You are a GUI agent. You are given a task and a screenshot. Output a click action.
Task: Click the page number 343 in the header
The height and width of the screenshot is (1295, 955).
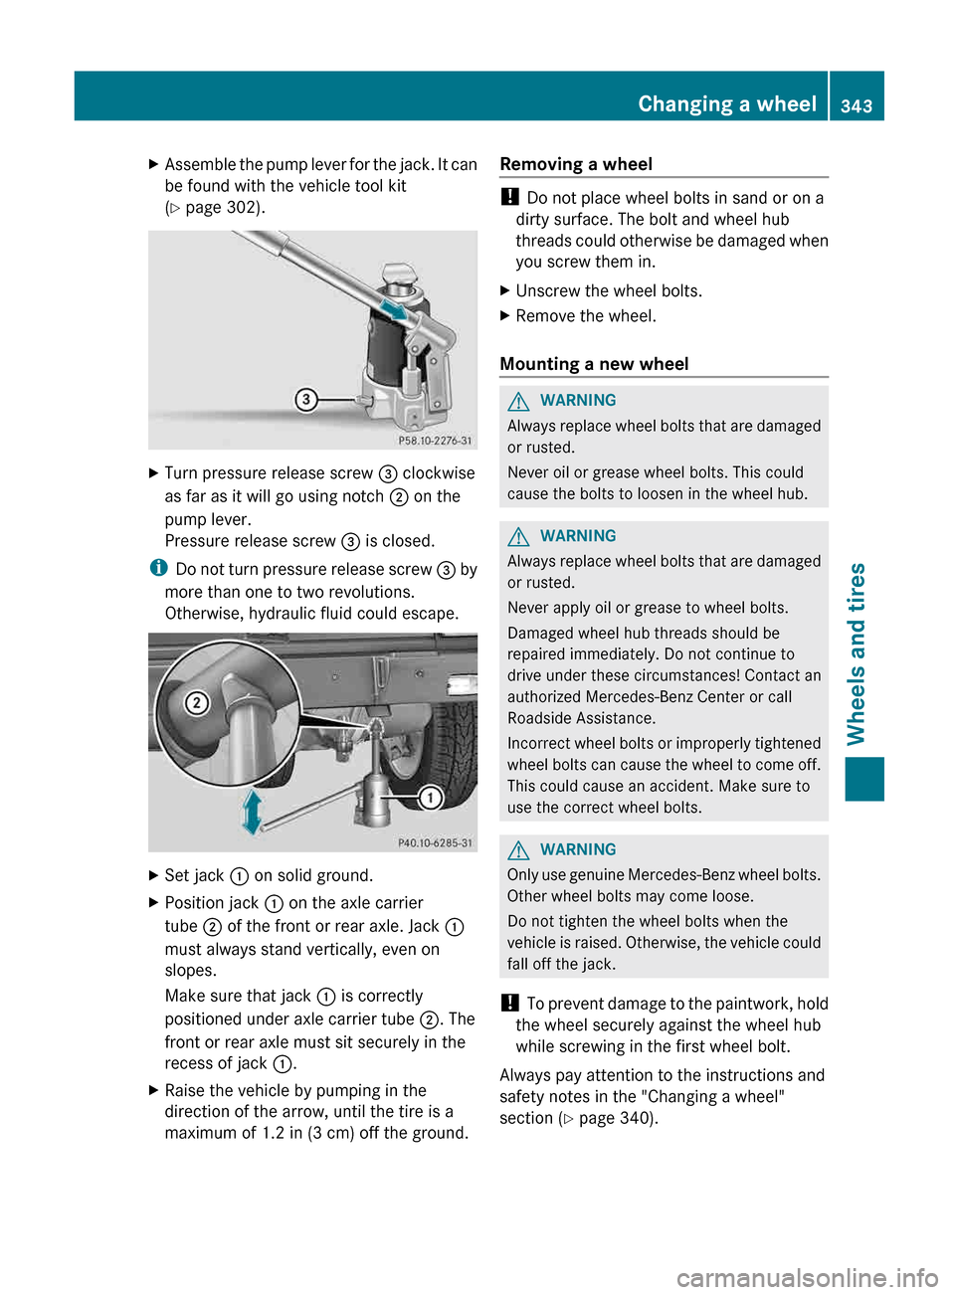(x=856, y=105)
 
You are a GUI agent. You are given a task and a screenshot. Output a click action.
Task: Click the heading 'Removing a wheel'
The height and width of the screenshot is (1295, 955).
(x=576, y=164)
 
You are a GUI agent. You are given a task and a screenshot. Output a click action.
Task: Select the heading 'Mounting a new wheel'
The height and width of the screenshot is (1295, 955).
(x=594, y=364)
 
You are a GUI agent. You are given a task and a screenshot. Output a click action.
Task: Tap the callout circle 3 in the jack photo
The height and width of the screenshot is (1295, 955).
(x=305, y=400)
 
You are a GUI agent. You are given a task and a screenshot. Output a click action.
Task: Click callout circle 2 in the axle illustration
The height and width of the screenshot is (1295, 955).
(x=197, y=703)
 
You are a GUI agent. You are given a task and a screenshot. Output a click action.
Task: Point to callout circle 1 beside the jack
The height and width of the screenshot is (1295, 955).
(x=430, y=798)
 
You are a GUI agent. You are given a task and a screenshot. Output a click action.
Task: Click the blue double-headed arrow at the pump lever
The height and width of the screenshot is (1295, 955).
(x=253, y=812)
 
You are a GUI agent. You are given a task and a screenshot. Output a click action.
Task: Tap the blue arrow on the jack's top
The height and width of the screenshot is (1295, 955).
(x=395, y=310)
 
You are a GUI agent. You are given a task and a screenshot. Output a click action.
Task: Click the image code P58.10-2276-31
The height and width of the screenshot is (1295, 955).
(x=435, y=441)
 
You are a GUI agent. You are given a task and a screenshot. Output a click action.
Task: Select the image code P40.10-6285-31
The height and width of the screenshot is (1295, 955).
(x=435, y=842)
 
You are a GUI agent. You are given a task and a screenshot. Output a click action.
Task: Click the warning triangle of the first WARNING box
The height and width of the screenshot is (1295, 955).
(x=518, y=401)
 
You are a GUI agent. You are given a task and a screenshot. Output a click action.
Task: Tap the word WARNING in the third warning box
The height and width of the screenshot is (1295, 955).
(x=578, y=849)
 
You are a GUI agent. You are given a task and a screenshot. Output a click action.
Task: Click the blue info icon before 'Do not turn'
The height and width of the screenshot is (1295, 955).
(x=158, y=568)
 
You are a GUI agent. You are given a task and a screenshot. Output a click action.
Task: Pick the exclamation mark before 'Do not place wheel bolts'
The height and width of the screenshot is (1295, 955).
(x=509, y=197)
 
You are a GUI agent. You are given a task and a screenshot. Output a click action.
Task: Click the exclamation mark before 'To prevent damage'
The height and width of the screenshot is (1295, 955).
(x=509, y=1003)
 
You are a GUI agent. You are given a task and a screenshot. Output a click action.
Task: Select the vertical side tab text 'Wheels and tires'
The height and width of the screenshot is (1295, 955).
(x=857, y=653)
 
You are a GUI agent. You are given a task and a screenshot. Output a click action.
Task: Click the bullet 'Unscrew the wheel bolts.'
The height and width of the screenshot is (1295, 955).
(x=608, y=291)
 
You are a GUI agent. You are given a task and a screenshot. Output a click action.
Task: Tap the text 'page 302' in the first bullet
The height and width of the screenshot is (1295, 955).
(x=222, y=208)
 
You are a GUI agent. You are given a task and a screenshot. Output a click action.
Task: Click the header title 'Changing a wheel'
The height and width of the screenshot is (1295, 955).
(x=726, y=104)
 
